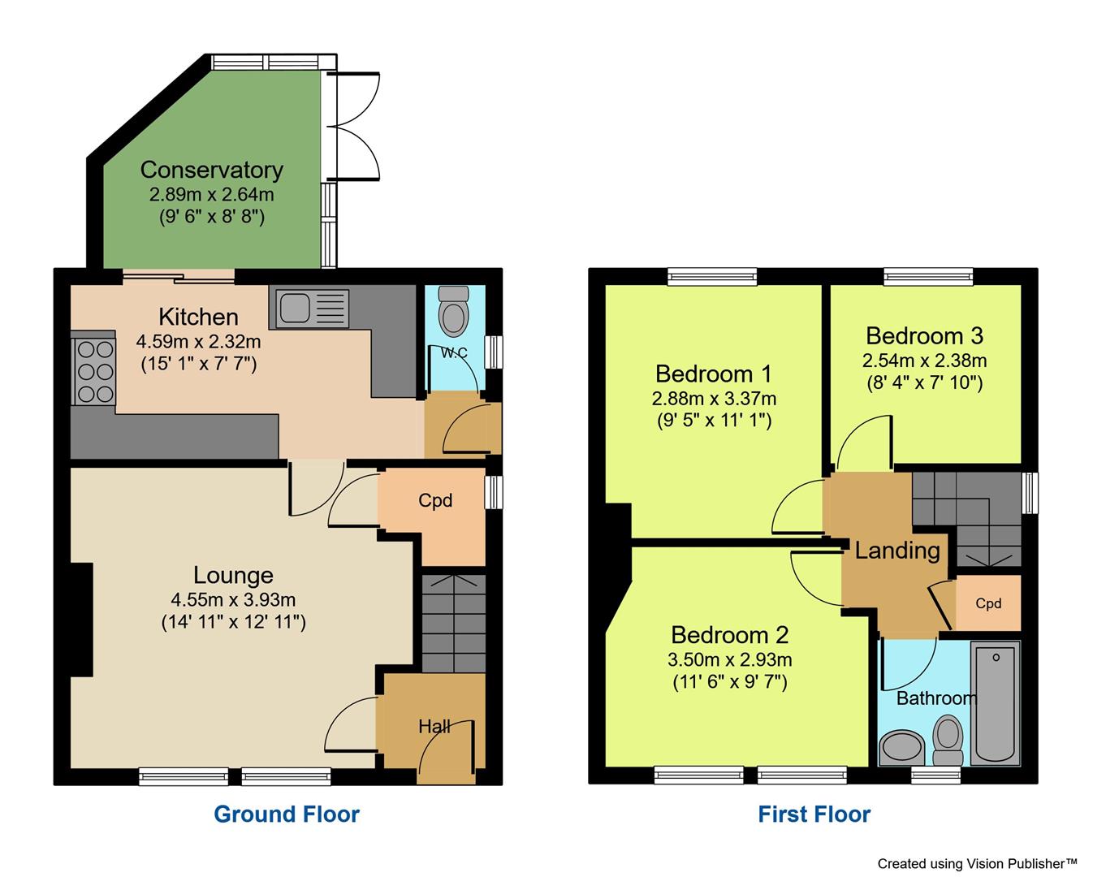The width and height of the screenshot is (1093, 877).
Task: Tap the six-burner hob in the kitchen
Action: (94, 370)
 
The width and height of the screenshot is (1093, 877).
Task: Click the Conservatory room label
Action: (211, 170)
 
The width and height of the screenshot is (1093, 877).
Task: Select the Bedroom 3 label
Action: (924, 335)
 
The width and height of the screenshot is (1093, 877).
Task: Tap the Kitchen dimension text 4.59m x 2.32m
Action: (198, 342)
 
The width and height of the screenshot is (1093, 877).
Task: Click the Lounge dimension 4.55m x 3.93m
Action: (233, 600)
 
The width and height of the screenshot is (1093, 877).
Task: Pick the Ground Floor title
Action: (286, 814)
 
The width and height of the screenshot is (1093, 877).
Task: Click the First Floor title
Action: (814, 814)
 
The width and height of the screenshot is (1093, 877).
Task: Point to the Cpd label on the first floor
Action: (988, 603)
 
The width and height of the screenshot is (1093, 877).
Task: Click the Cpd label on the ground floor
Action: (435, 501)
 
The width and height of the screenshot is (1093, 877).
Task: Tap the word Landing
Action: (897, 551)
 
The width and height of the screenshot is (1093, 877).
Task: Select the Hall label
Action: (434, 726)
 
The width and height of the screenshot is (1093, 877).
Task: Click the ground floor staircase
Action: (453, 624)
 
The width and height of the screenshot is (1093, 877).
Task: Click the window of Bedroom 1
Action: (712, 277)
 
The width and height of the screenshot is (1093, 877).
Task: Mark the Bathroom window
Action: (935, 776)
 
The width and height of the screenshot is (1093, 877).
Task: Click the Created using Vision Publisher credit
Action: (977, 863)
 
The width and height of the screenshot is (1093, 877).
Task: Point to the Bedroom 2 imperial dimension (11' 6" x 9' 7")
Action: (730, 682)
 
